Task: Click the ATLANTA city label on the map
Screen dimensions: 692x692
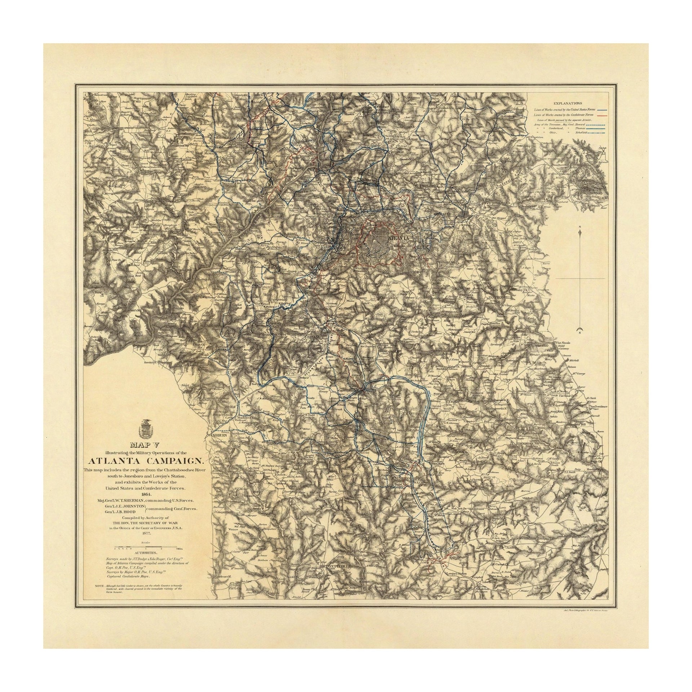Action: click(399, 238)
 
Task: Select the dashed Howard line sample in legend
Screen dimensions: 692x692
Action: click(595, 124)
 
